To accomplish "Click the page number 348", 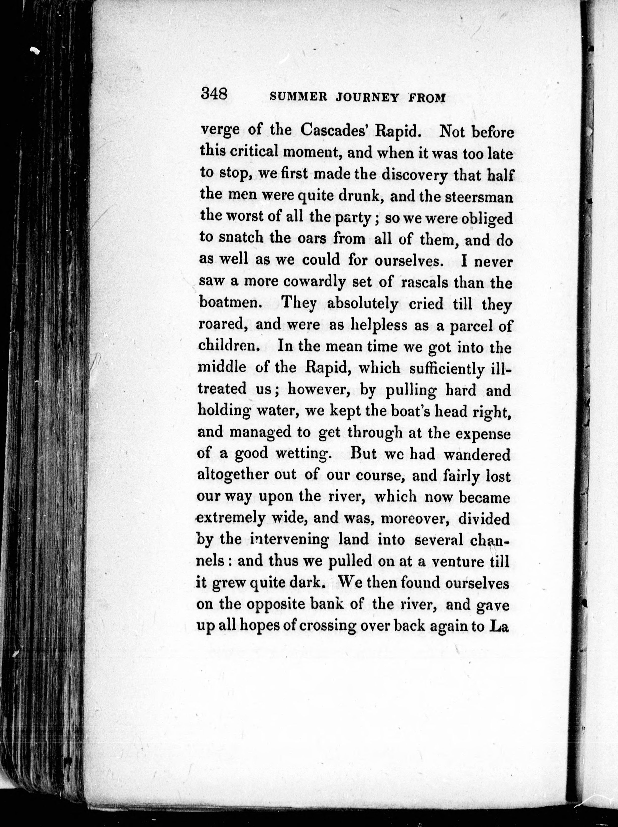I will pyautogui.click(x=214, y=93).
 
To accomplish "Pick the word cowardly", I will pyautogui.click(x=314, y=282).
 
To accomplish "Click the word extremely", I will pyautogui.click(x=231, y=519).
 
